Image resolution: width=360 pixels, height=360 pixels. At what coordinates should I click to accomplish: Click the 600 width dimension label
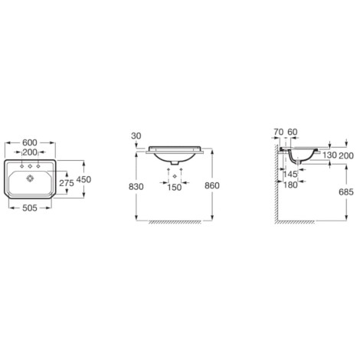point(30,142)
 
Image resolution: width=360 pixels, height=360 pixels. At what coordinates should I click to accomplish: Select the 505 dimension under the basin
point(30,208)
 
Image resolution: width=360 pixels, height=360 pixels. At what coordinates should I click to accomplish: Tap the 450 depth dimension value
point(83,179)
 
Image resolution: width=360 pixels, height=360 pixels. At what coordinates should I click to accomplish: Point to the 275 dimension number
point(67,183)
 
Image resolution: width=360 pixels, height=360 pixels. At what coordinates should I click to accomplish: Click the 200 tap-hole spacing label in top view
point(30,152)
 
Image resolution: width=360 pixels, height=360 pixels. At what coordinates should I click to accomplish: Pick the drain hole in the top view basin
point(30,178)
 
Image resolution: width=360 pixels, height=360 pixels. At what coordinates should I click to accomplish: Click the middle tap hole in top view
point(30,166)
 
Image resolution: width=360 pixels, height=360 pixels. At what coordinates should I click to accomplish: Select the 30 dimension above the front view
point(136,136)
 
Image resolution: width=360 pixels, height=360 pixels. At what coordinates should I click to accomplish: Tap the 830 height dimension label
point(136,187)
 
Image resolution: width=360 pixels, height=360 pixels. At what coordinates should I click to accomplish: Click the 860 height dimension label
point(212,185)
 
